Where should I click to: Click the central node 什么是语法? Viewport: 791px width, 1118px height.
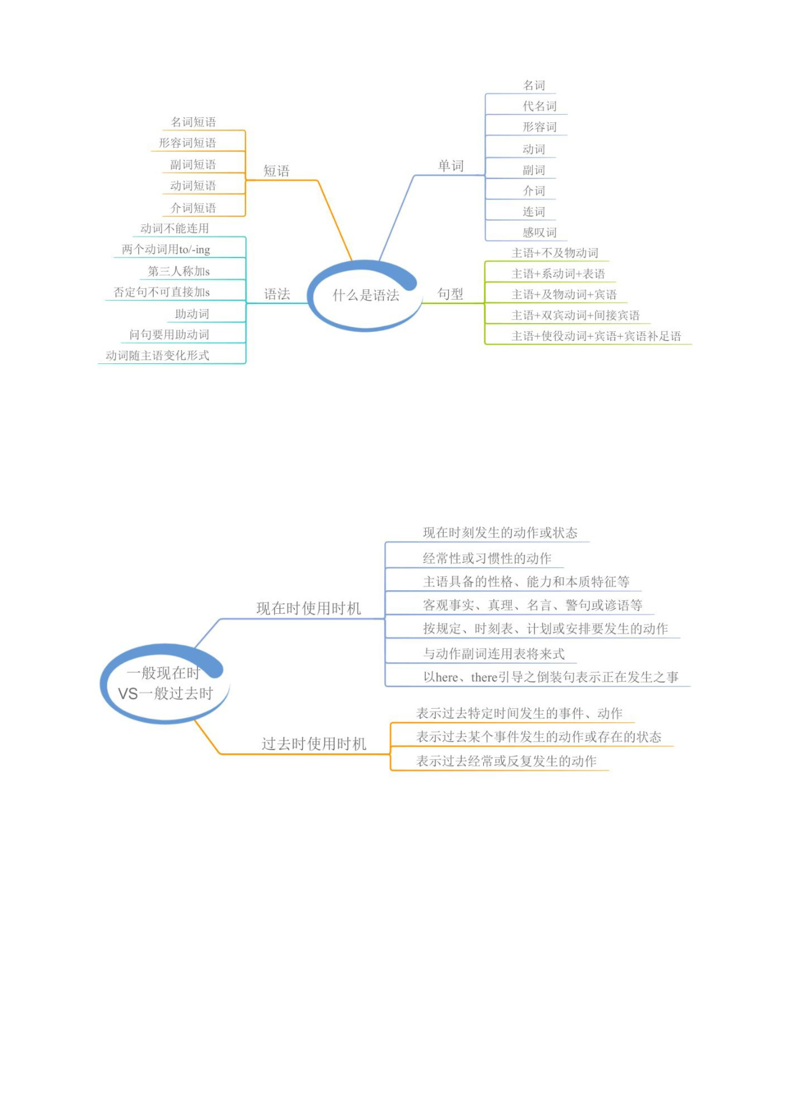pos(366,295)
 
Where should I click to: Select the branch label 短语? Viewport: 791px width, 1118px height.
pos(277,171)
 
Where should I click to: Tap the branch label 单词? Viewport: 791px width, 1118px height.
pos(451,166)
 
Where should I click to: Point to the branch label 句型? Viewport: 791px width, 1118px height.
pos(451,294)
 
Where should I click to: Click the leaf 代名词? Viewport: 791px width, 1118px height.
pos(540,106)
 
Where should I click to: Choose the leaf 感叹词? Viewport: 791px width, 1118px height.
pos(540,233)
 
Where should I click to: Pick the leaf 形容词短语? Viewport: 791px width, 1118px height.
pos(187,143)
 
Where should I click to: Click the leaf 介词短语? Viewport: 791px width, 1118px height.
pos(193,208)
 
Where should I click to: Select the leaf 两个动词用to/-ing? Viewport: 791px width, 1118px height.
pos(166,249)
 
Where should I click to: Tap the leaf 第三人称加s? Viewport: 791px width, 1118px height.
pos(179,271)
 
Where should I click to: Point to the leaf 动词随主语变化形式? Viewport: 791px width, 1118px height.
pos(157,355)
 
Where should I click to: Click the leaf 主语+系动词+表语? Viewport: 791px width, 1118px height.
pos(558,273)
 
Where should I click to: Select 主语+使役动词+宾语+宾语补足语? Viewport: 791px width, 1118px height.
pos(597,336)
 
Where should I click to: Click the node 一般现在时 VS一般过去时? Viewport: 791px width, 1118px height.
pos(165,683)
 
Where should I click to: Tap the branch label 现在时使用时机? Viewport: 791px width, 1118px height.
pos(308,608)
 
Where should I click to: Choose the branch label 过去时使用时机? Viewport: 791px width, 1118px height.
pos(314,744)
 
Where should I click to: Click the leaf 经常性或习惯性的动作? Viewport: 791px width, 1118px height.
pos(488,558)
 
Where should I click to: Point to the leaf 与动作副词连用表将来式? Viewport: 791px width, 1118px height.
pos(494,653)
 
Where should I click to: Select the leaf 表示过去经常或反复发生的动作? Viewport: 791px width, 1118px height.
pos(507,761)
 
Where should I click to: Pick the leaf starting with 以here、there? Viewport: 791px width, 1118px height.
pos(551,677)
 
